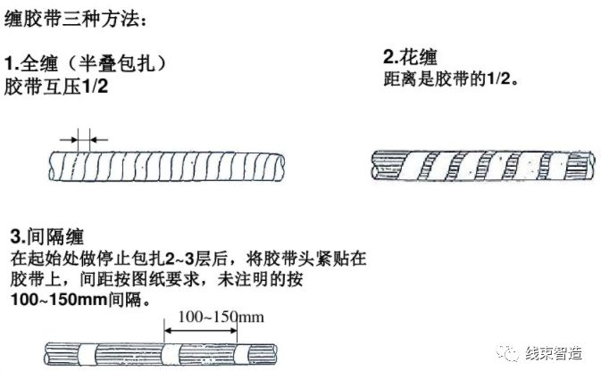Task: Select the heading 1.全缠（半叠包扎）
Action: click(x=86, y=65)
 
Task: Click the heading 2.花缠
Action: click(x=409, y=58)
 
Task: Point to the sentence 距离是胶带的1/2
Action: click(x=450, y=78)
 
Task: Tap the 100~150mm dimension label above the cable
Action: click(x=221, y=317)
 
